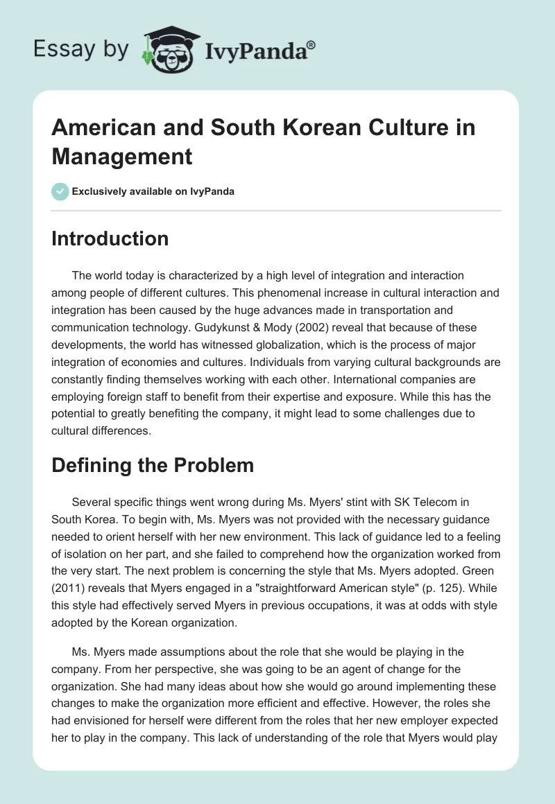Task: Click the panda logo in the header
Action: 170,48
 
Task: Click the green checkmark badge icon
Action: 60,191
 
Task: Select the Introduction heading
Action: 110,238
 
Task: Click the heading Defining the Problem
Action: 153,465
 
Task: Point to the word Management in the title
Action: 122,156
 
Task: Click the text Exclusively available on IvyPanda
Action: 153,191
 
